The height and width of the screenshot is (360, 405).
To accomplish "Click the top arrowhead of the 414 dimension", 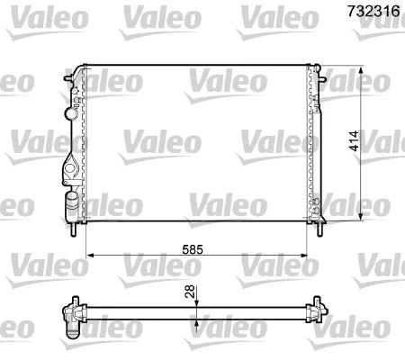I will (x=362, y=68).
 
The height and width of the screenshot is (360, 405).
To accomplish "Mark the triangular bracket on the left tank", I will (x=70, y=167).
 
